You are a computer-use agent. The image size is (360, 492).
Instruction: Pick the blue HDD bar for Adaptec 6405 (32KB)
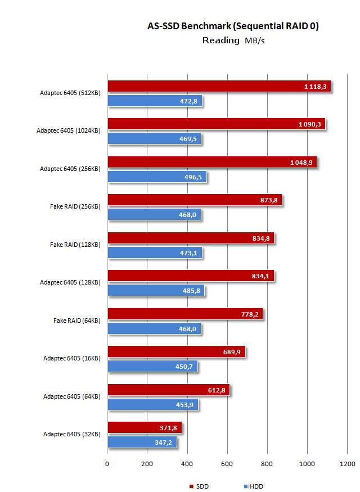(x=142, y=442)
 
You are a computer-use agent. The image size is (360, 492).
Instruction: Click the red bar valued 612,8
(x=168, y=390)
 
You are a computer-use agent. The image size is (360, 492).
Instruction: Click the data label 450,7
(x=183, y=366)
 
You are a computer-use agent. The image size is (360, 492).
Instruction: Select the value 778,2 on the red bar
(x=248, y=314)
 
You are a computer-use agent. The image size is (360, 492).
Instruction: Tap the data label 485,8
(x=191, y=291)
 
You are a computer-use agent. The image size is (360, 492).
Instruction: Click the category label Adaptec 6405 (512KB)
(x=70, y=93)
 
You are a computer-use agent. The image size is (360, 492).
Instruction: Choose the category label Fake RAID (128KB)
(x=75, y=245)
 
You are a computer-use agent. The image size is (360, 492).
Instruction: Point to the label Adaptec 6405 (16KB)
(x=71, y=358)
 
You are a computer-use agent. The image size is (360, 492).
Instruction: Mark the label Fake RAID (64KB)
(x=76, y=321)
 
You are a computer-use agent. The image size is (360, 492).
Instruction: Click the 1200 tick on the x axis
(x=347, y=464)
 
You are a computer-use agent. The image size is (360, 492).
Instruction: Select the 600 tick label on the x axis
(x=227, y=464)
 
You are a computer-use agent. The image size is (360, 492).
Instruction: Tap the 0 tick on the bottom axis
(x=107, y=464)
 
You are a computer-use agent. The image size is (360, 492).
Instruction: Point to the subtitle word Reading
(x=220, y=40)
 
